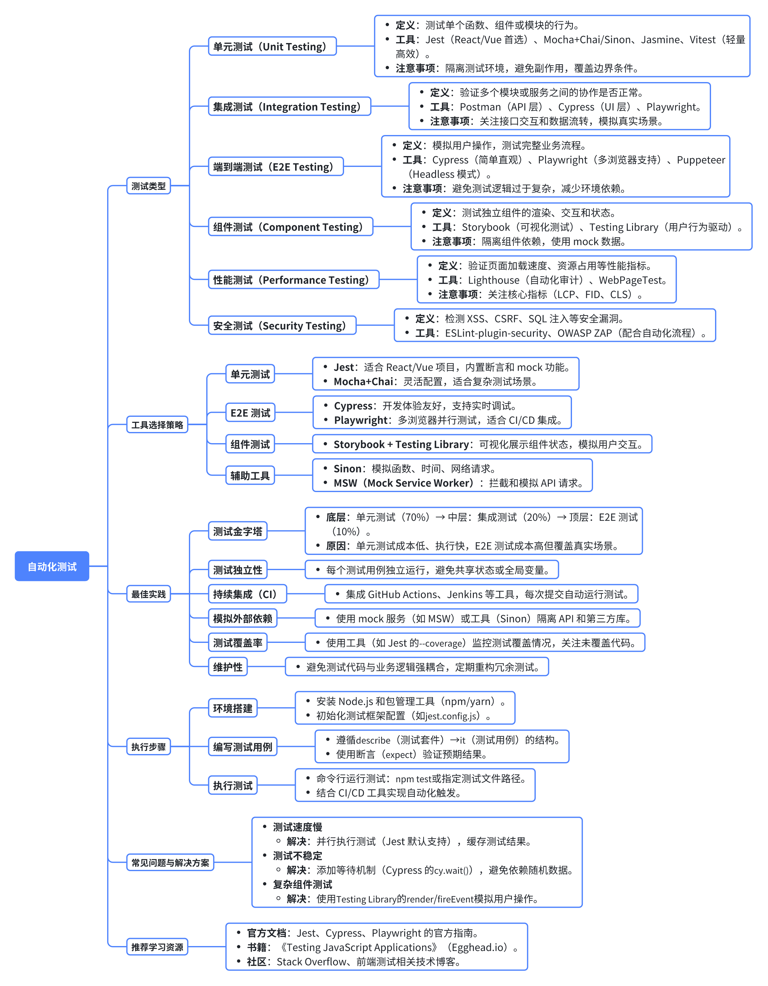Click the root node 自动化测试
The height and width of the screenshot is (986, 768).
[52, 566]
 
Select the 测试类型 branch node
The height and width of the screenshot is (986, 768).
[149, 185]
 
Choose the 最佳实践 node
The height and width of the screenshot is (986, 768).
[149, 594]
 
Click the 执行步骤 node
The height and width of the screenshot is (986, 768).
[149, 747]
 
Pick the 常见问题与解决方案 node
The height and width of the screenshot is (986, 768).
[170, 862]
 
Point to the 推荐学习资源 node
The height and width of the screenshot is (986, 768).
[157, 947]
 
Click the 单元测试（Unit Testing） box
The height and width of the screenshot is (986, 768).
[272, 46]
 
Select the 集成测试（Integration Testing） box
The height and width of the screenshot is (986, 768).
[290, 107]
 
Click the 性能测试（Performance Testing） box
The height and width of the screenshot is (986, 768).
[294, 280]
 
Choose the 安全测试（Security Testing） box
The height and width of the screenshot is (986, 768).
[282, 325]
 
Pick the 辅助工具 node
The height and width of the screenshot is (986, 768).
[250, 475]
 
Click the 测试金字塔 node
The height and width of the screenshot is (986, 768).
[238, 531]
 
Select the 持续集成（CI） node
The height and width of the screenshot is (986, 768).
[247, 594]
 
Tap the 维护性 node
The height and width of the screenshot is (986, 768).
[228, 667]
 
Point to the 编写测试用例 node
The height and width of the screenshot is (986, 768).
[242, 747]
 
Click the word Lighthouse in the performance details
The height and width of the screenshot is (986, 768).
[494, 280]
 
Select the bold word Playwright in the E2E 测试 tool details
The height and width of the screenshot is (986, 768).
[361, 420]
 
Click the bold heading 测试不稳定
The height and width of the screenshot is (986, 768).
[298, 856]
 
